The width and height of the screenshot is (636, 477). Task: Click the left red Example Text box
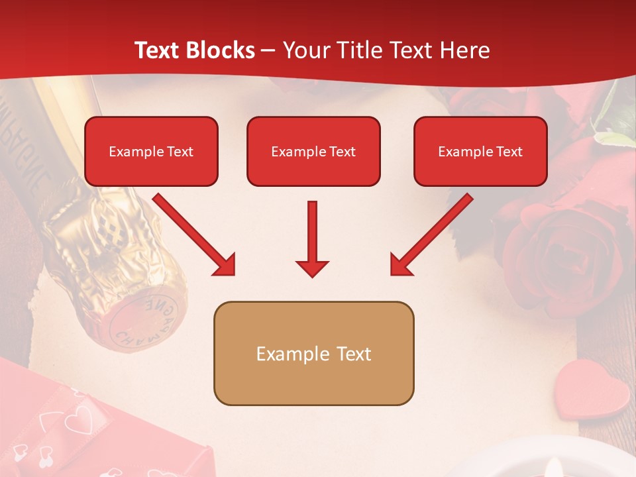151,151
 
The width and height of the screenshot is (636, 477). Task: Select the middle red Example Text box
313,151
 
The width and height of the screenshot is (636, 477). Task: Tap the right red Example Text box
480,151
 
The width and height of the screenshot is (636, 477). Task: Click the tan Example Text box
313,353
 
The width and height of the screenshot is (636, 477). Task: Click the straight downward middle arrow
312,239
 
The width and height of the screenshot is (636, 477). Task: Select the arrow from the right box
431,235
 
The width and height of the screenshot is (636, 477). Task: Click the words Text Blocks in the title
194,50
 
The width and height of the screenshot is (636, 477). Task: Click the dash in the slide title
268,50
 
